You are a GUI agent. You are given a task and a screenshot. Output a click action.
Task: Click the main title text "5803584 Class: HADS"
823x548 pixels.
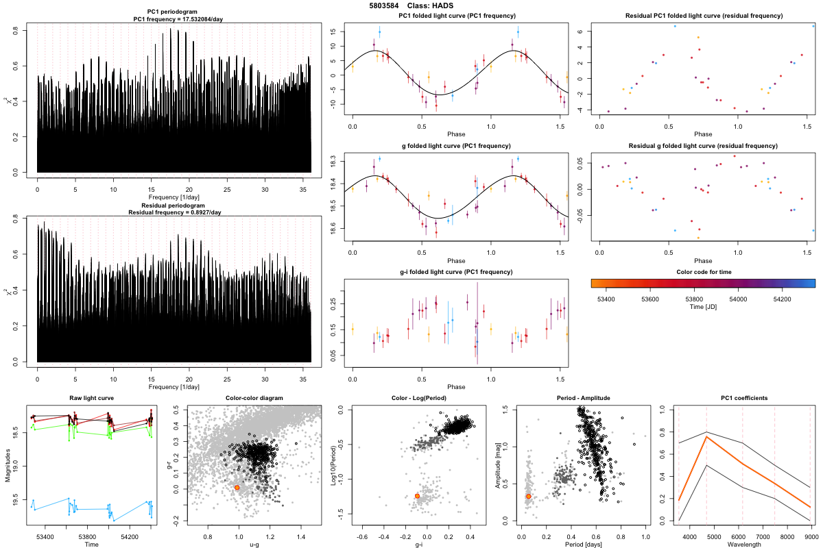click(x=411, y=5)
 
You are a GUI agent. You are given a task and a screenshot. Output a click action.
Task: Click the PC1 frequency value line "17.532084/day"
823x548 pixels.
click(x=174, y=20)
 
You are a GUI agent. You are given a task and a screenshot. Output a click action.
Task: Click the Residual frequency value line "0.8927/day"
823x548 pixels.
click(x=174, y=212)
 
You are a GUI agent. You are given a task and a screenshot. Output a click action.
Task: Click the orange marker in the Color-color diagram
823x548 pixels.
click(x=237, y=487)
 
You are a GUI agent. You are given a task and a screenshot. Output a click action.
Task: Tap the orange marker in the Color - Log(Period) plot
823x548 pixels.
click(x=417, y=496)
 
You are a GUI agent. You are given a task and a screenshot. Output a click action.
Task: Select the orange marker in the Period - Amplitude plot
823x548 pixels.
click(x=528, y=496)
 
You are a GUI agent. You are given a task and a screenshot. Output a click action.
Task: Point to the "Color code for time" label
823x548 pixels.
click(x=702, y=272)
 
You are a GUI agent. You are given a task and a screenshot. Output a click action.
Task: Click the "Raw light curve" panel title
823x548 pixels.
click(x=91, y=399)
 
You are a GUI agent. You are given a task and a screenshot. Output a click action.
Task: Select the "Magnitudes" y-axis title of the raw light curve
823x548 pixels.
click(x=6, y=466)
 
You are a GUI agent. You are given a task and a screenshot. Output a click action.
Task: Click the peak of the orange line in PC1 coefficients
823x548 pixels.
click(x=706, y=436)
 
